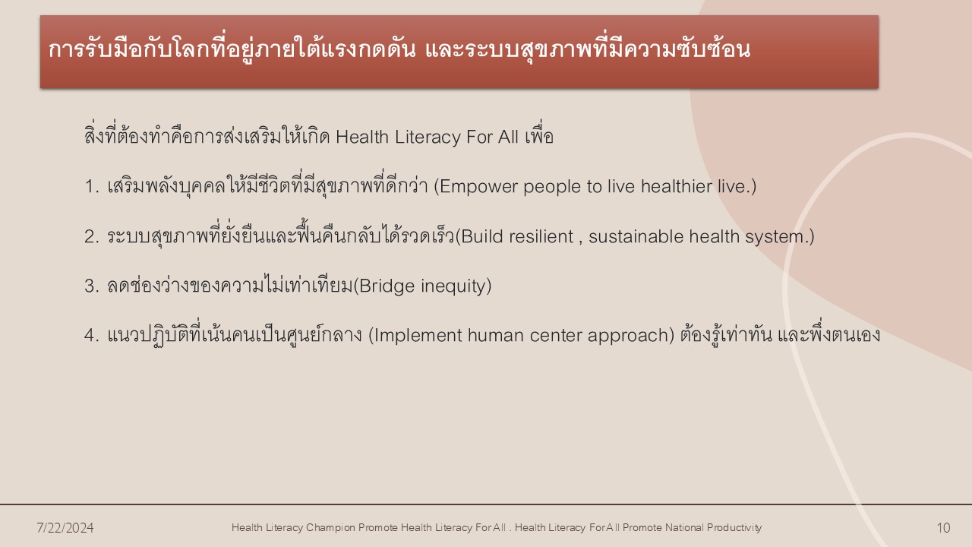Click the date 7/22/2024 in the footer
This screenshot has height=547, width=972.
[65, 527]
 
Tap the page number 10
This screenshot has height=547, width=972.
[943, 527]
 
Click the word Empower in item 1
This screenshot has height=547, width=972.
[478, 187]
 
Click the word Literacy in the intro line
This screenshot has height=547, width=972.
[428, 138]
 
